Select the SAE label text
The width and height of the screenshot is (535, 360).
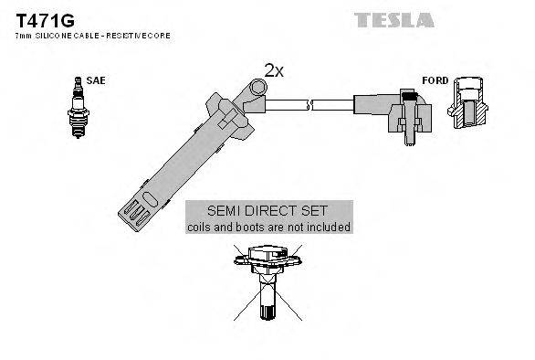click(x=96, y=80)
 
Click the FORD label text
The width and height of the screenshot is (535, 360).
click(x=435, y=80)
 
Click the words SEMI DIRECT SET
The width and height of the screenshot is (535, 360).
click(x=268, y=210)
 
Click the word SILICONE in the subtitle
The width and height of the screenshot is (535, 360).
click(x=51, y=35)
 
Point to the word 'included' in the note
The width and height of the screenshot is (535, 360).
click(x=328, y=226)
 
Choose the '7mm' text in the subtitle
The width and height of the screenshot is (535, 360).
click(x=22, y=35)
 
